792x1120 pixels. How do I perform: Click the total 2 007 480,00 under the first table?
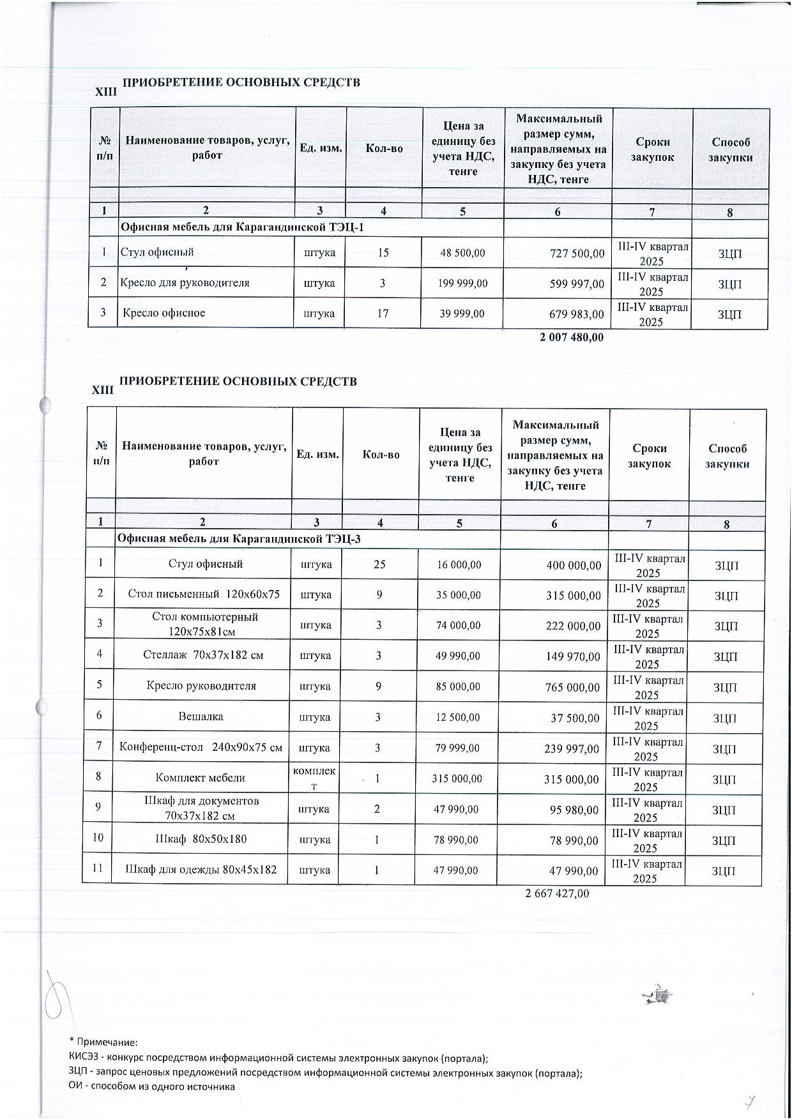[x=571, y=337]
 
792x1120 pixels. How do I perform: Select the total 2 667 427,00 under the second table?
[x=557, y=893]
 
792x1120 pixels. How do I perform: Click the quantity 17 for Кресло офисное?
[x=383, y=314]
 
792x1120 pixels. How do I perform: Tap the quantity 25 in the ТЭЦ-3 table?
[x=379, y=564]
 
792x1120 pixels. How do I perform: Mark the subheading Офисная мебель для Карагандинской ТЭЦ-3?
[x=238, y=539]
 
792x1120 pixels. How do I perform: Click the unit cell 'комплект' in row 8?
[x=314, y=778]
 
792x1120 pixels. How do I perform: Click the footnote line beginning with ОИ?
[x=151, y=1086]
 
